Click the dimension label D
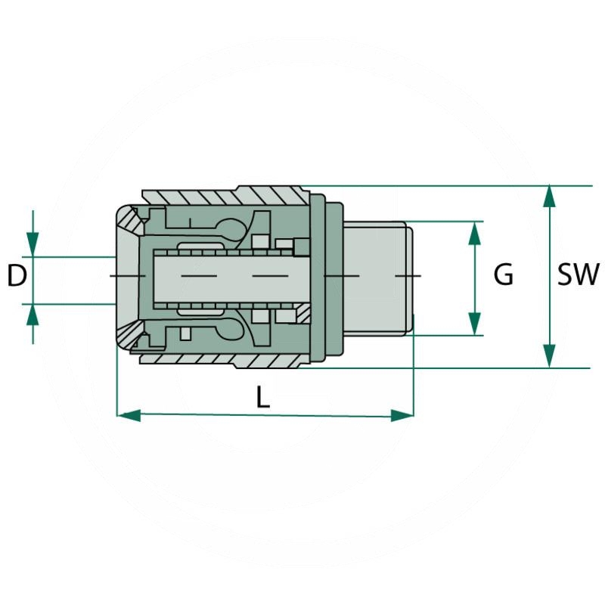click(17, 276)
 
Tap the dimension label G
click(504, 275)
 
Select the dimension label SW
click(578, 275)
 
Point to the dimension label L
click(262, 396)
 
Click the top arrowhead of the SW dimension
click(550, 197)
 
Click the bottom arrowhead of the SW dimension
click(550, 355)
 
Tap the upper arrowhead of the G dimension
click(475, 233)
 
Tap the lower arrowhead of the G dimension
click(475, 324)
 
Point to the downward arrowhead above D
click(33, 244)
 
